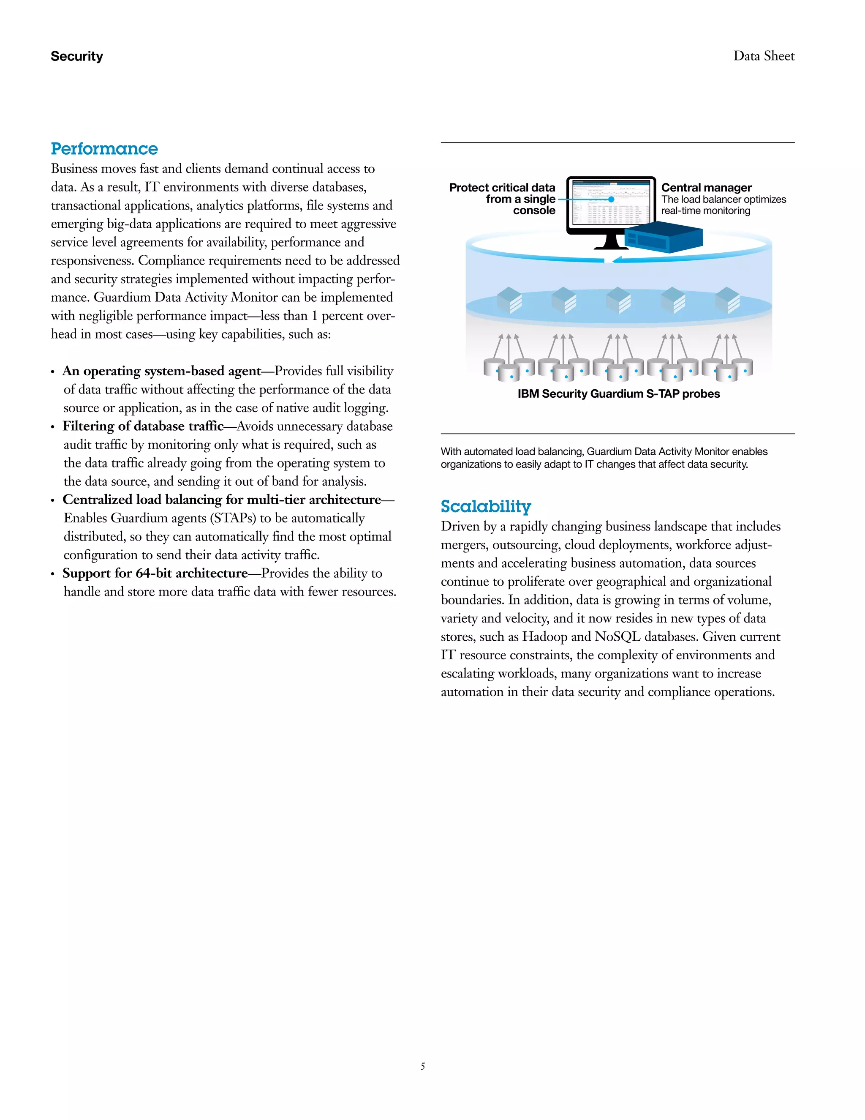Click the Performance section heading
click(104, 149)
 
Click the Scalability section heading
click(485, 506)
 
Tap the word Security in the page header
click(77, 56)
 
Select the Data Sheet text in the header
click(764, 56)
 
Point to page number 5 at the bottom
click(423, 1066)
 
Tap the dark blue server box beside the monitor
click(664, 237)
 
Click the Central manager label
click(706, 187)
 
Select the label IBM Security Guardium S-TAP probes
click(618, 394)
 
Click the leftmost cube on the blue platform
click(509, 300)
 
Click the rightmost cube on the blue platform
click(727, 300)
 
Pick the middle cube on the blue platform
click(618, 300)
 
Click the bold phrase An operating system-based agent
click(162, 371)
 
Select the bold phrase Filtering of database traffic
click(143, 426)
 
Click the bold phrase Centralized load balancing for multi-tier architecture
click(221, 500)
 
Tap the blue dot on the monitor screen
click(611, 199)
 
